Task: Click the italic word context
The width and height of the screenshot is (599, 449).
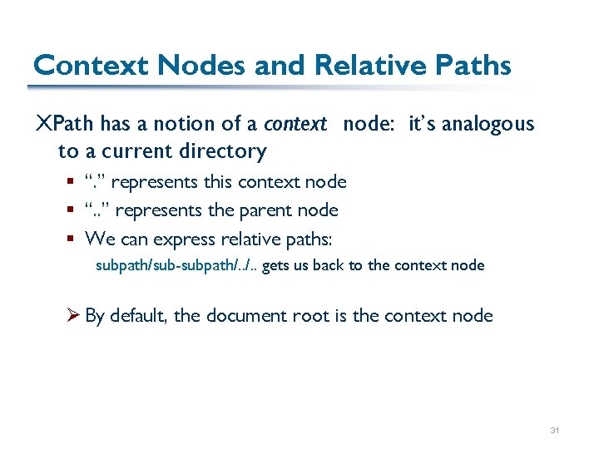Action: click(x=295, y=125)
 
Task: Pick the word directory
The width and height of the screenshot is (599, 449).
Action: click(x=225, y=151)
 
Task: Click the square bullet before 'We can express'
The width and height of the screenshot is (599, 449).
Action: click(x=72, y=239)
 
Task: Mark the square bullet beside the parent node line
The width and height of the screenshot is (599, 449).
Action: click(x=72, y=210)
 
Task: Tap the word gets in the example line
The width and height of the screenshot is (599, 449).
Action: click(x=275, y=266)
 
